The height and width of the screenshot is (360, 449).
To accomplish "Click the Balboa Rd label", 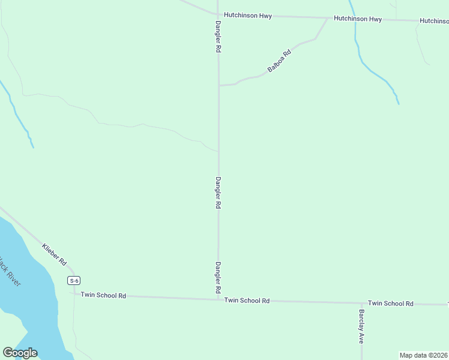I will (x=279, y=62).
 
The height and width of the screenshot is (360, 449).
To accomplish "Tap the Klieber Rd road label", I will (x=54, y=254).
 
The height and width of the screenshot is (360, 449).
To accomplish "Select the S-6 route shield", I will (x=74, y=280).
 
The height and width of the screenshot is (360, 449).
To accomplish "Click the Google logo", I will (x=20, y=353).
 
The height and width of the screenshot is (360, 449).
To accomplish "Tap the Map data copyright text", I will (x=423, y=355).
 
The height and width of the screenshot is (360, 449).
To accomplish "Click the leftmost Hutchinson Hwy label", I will (x=248, y=16).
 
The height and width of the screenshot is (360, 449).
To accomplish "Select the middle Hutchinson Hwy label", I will (x=358, y=19).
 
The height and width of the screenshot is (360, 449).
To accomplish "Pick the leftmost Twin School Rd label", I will (x=104, y=295).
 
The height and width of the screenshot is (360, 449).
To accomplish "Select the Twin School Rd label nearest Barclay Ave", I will (x=391, y=304).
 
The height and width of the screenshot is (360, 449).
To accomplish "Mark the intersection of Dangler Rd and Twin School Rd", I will (x=218, y=298).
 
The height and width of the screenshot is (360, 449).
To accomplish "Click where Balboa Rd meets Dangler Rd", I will (x=218, y=85).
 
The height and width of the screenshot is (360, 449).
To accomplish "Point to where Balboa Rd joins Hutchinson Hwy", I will (x=328, y=18).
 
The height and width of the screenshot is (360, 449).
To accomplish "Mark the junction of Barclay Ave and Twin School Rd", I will (x=361, y=303).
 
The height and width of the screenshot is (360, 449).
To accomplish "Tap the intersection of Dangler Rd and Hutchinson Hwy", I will (x=218, y=14).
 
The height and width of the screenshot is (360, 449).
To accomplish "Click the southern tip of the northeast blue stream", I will (x=398, y=104).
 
